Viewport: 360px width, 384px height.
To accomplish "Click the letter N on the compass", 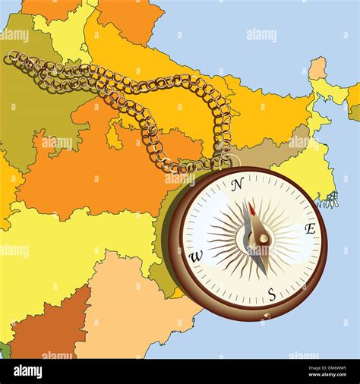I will pos(237,183).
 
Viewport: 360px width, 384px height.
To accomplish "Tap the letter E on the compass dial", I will pos(310,228).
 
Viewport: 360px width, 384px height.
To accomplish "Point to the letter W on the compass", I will pos(195,257).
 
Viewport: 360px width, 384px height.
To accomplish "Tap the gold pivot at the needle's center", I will pos(263,238).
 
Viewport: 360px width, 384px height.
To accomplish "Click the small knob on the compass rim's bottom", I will pos(265,316).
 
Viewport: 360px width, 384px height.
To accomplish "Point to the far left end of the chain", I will pos(9,58).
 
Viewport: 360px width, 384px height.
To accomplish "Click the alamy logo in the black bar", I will pos(28,372).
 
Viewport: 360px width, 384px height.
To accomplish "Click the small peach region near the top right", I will pos(317,68).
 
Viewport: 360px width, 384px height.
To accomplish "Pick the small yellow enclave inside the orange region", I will pos(114,137).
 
